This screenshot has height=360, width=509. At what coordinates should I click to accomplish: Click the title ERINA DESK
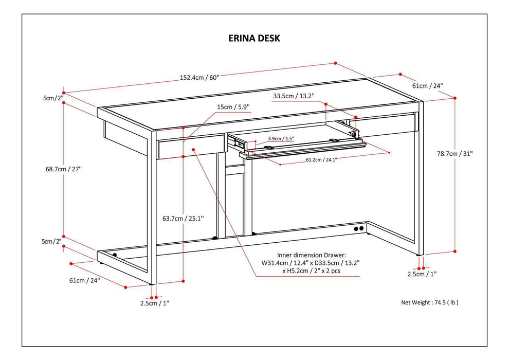coord(254,39)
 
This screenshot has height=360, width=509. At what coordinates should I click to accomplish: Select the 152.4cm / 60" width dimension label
coord(199,78)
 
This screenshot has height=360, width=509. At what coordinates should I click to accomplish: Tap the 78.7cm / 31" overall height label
coord(455,153)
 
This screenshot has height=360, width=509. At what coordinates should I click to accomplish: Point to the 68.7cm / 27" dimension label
coord(63,169)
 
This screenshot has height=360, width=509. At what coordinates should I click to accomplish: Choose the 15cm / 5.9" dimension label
coord(233,107)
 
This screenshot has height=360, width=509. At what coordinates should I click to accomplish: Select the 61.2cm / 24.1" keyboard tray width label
coord(320,159)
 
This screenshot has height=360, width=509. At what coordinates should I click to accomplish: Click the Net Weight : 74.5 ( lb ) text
coord(429,302)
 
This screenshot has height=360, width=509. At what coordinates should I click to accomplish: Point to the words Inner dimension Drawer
coord(311,255)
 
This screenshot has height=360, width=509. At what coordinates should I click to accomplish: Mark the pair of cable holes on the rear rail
coord(358,228)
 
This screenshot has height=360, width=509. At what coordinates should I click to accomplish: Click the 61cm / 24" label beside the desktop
coord(427,85)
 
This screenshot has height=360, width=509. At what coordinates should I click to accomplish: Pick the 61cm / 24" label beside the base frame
coord(85,280)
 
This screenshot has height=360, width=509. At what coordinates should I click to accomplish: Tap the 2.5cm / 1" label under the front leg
coord(154,303)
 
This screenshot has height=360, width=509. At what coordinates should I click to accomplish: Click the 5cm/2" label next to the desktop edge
coord(52,98)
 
